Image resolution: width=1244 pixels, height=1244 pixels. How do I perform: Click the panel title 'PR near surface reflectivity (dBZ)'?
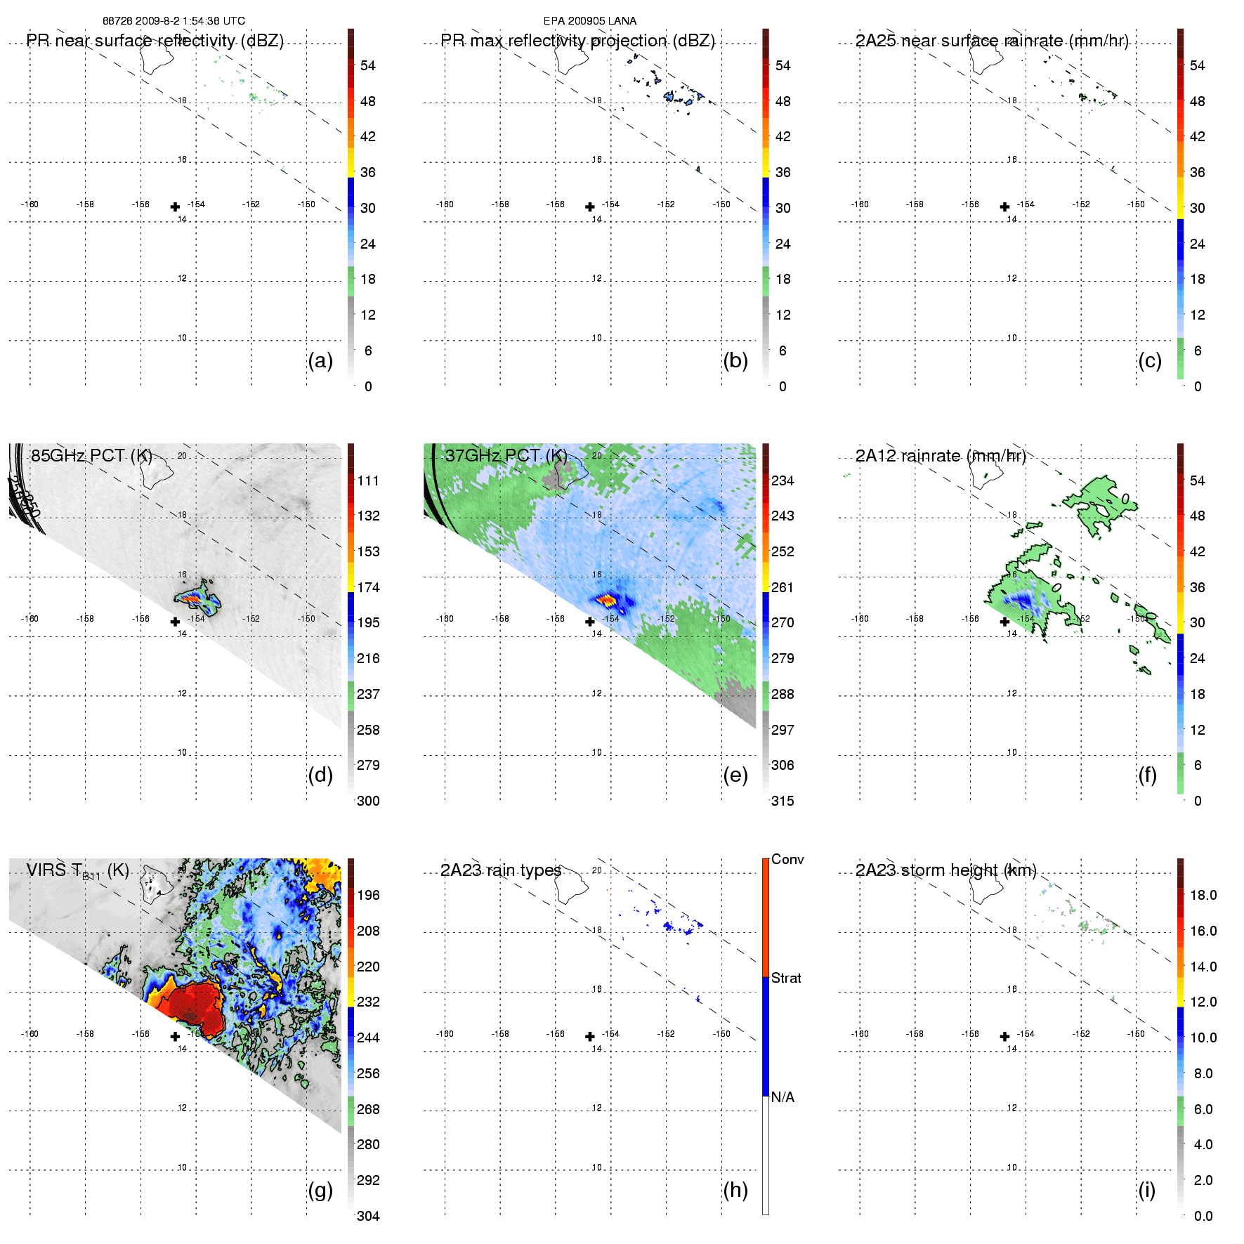pos(155,41)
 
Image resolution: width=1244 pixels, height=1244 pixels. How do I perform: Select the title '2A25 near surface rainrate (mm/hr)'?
pos(991,41)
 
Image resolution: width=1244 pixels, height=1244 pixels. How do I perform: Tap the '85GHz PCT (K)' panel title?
pos(91,455)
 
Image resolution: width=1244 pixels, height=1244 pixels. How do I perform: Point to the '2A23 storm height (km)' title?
pos(945,870)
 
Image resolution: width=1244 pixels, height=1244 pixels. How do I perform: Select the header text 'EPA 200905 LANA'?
pos(589,21)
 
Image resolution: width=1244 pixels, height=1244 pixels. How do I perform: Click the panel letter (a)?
pos(320,360)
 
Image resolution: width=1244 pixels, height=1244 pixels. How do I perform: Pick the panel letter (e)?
pos(735,775)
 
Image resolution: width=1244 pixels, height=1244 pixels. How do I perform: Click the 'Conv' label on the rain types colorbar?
pos(787,859)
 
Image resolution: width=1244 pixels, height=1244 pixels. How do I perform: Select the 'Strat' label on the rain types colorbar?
pos(786,978)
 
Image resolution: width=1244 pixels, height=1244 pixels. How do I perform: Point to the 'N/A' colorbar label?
pos(783,1097)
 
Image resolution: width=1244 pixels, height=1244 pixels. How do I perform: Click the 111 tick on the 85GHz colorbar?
pos(368,480)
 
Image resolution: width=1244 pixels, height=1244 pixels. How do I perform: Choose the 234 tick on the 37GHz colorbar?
pos(783,480)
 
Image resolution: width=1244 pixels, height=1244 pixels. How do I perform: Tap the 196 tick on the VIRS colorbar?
pos(368,895)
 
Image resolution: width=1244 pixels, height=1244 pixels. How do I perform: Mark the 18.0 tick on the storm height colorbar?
pos(1203,895)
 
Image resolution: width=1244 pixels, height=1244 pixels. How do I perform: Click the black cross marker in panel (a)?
pos(175,207)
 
